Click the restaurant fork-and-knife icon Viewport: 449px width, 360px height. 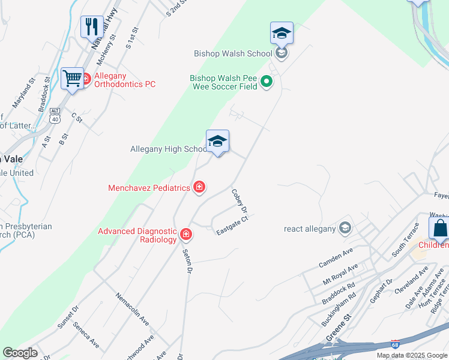(92, 26)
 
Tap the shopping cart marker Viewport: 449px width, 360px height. (72, 78)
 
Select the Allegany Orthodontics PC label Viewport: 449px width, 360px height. (124, 80)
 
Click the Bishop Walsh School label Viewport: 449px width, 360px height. (233, 53)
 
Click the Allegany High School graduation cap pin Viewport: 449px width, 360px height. (217, 142)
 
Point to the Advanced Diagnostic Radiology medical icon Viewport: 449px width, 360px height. (186, 235)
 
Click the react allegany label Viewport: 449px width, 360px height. (309, 228)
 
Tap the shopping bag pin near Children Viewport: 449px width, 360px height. (439, 229)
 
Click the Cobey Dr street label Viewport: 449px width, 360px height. (240, 202)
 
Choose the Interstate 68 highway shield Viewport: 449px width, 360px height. (394, 344)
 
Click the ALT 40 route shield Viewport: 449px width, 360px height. (55, 116)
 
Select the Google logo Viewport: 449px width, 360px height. (19, 353)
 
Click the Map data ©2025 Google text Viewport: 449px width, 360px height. (411, 355)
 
